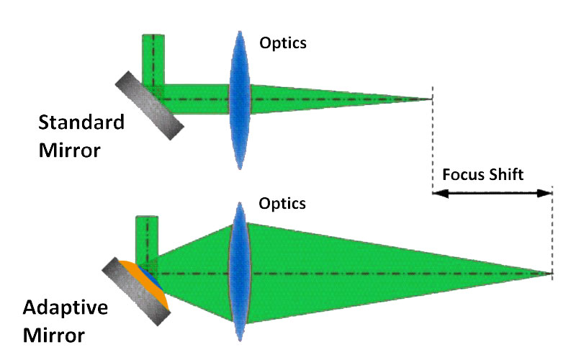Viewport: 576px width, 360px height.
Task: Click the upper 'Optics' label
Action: tap(283, 43)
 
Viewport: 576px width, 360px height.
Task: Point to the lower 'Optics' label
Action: tap(282, 204)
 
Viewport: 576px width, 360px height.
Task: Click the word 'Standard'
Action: tap(81, 122)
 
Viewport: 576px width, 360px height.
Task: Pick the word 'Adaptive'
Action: tap(66, 308)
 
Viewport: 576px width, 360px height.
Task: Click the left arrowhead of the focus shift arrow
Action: tap(437, 193)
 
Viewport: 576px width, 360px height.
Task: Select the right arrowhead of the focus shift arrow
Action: tap(546, 193)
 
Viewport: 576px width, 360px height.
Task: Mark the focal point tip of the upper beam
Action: tap(431, 99)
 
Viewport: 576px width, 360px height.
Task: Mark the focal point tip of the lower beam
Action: tap(551, 274)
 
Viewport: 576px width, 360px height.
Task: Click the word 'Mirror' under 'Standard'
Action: tap(71, 151)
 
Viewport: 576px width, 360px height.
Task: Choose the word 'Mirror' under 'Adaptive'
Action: tap(54, 336)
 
